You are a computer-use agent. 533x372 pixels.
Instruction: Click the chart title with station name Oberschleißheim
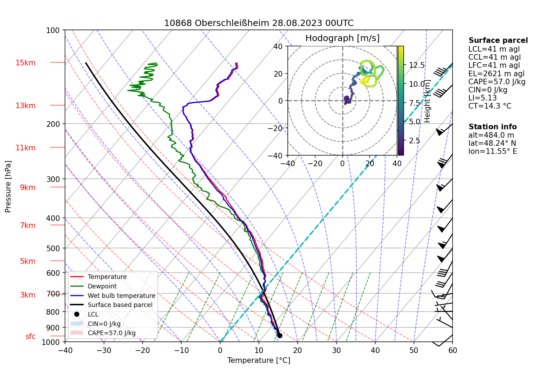coord(259,23)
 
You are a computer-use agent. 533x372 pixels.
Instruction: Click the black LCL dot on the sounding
coord(280,335)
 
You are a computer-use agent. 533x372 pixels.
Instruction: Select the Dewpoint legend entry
coord(102,286)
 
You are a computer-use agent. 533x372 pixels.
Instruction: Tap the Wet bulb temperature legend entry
coord(121,296)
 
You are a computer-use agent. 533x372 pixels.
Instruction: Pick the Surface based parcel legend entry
coord(120,305)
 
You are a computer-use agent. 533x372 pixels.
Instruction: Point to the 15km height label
coord(25,63)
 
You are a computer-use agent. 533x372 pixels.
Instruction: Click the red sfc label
coord(31,337)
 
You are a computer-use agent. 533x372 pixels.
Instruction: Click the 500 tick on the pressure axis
coord(53,248)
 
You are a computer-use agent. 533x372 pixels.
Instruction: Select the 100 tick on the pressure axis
coord(53,31)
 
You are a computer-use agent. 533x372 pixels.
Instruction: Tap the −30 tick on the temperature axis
coord(104,350)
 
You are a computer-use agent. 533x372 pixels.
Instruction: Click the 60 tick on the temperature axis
coord(453,350)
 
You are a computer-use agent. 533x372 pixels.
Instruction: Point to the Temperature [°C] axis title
coord(259,360)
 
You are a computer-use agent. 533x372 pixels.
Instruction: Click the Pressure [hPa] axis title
coord(8,187)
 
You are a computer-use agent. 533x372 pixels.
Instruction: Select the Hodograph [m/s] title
coord(342,38)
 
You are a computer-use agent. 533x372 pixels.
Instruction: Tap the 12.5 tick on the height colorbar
coord(417,65)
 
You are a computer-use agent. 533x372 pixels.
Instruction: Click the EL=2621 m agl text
coord(496,74)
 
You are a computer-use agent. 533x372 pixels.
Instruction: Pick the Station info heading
coord(492,127)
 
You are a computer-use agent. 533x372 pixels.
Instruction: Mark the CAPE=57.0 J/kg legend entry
coord(111,333)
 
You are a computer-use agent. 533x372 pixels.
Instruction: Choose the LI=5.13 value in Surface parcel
coord(482,98)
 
